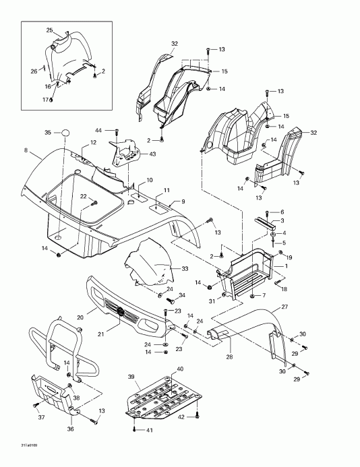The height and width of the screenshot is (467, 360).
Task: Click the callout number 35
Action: coord(48,132)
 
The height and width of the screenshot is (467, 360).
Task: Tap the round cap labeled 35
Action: coord(66,133)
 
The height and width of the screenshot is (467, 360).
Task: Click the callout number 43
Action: coord(154,154)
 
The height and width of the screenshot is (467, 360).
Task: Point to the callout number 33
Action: coord(167,269)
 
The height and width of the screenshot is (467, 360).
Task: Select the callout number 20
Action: coord(80,317)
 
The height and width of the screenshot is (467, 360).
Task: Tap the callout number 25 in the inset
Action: coord(49,30)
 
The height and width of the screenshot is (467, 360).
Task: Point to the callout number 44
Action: coord(98,129)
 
